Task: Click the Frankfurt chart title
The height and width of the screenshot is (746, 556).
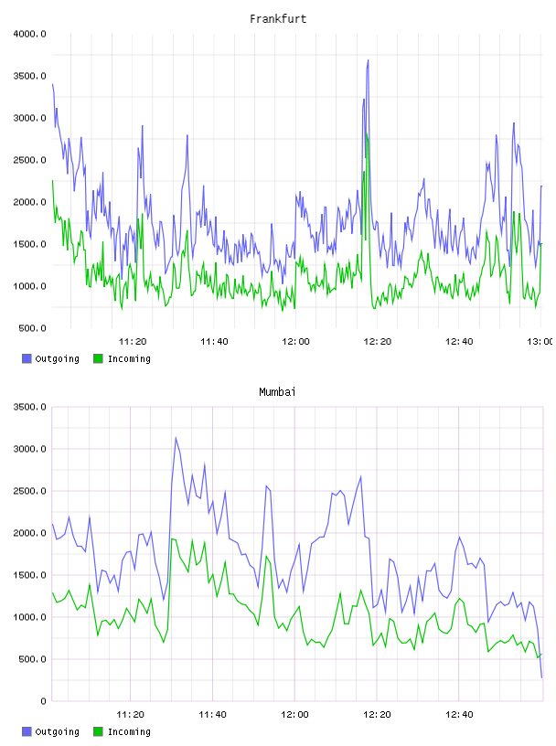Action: [x=278, y=19]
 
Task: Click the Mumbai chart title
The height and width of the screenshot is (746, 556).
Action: [x=277, y=392]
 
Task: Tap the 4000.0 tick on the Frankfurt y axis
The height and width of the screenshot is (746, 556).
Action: [x=29, y=34]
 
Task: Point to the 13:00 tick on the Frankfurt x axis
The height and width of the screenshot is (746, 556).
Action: [x=540, y=341]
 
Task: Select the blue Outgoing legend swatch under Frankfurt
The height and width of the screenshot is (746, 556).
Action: [x=27, y=358]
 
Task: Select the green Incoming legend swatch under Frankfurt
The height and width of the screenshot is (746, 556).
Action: [x=98, y=358]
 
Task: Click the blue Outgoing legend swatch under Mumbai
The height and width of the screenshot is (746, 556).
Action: [x=27, y=731]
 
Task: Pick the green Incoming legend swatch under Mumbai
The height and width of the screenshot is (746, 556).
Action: [x=98, y=731]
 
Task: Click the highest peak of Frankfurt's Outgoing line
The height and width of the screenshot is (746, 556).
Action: [x=368, y=60]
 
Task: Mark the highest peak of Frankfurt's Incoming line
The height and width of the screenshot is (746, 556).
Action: [x=366, y=133]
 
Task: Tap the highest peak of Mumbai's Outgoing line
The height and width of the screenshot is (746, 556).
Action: [x=176, y=438]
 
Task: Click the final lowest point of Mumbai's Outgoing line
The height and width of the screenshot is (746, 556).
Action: [x=541, y=677]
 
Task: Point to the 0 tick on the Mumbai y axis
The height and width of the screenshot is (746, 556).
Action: [x=43, y=701]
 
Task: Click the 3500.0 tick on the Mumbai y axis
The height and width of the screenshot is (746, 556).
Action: [x=29, y=407]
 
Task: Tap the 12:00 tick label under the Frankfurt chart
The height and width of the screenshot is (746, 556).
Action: [x=295, y=341]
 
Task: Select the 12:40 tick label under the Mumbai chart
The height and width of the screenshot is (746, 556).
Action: [x=459, y=714]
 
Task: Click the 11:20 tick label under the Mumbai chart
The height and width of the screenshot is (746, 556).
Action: [x=130, y=714]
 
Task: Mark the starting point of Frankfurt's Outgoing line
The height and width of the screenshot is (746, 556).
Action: [x=52, y=84]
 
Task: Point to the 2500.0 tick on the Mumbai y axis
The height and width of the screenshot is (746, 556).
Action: [x=29, y=491]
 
